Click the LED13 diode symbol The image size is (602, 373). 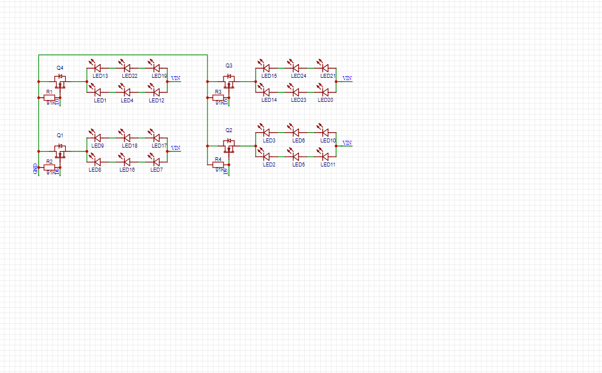coord(98,69)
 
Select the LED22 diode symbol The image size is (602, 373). coord(127,69)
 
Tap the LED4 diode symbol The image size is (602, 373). coord(127,92)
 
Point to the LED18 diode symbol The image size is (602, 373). coord(127,137)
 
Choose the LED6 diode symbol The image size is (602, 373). coord(296,133)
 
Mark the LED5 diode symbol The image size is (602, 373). coord(296,156)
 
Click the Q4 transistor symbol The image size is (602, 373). coord(60,81)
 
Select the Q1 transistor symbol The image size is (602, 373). coord(60,150)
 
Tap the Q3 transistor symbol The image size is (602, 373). coord(229,81)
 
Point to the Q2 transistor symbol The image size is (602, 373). coord(229,145)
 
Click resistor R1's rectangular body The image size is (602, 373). coord(49,98)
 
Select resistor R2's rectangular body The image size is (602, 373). coord(49,168)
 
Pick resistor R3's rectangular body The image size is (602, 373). coord(218,98)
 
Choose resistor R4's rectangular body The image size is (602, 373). coord(218,165)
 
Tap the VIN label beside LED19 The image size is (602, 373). coord(176,78)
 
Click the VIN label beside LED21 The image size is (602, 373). coord(347,78)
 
